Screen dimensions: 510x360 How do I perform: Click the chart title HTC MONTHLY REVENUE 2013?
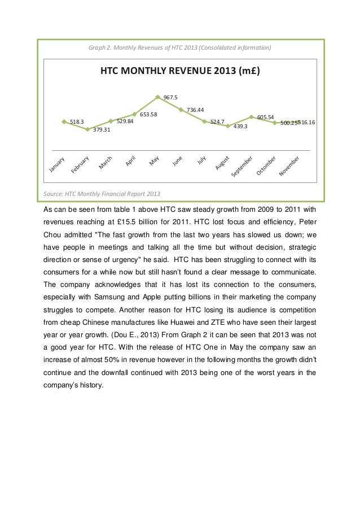[x=179, y=72]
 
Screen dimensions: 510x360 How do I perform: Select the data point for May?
[x=158, y=97]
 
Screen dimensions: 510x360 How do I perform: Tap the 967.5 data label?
[x=170, y=98]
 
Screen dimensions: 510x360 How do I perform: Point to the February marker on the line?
[x=87, y=129]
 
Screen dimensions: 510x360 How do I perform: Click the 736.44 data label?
[x=195, y=110]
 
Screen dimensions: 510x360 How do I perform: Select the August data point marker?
[x=228, y=126]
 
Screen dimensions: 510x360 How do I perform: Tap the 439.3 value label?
[x=241, y=127]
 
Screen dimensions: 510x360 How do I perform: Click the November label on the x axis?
[x=292, y=165]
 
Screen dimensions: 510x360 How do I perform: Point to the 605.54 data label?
[x=265, y=117]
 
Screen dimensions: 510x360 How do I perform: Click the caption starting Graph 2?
[x=179, y=48]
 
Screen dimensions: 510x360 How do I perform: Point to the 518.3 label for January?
[x=77, y=121]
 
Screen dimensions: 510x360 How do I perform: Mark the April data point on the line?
[x=134, y=114]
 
